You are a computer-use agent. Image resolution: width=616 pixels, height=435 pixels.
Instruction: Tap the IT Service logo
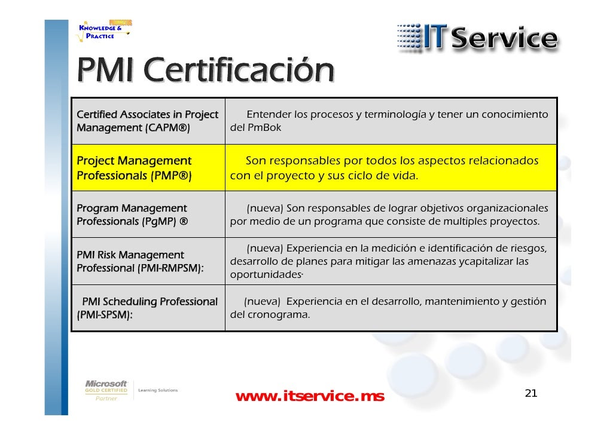(477, 38)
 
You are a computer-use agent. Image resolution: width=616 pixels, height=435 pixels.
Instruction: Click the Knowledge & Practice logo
(100, 30)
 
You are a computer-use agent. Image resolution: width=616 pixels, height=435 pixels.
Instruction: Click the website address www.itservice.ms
(310, 396)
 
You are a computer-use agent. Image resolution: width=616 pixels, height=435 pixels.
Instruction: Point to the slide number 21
(530, 393)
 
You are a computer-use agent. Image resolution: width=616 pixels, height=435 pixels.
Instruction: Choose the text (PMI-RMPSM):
(170, 268)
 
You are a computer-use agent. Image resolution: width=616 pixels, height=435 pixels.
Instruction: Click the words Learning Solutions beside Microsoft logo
(158, 390)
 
